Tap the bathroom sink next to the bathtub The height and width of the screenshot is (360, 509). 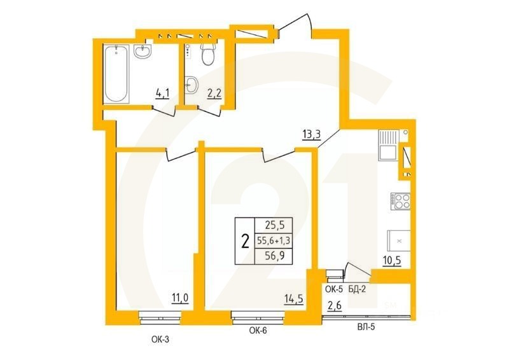pyautogui.click(x=142, y=52)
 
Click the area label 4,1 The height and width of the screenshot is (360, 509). pyautogui.click(x=162, y=94)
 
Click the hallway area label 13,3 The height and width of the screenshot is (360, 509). pyautogui.click(x=310, y=134)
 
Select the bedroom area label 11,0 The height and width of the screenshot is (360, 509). pyautogui.click(x=181, y=297)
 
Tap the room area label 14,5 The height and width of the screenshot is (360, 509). pyautogui.click(x=294, y=297)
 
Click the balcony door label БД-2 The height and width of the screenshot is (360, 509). pyautogui.click(x=358, y=289)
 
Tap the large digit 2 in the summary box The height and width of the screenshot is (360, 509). pyautogui.click(x=244, y=240)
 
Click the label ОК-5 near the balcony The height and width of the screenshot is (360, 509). pyautogui.click(x=335, y=289)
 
